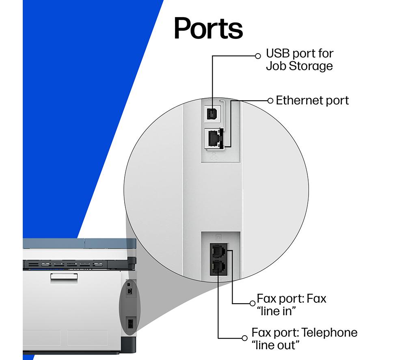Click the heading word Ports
click(208, 28)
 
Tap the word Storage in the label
click(311, 66)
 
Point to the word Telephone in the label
click(330, 332)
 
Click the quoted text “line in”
click(276, 311)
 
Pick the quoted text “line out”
click(275, 345)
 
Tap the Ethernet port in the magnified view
click(214, 138)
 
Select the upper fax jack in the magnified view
click(218, 250)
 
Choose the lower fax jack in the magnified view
click(218, 267)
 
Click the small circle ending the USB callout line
click(258, 56)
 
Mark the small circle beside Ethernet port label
click(270, 101)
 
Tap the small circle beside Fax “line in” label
click(253, 303)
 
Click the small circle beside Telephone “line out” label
click(244, 338)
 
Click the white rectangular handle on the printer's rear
click(64, 276)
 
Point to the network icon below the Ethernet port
click(214, 156)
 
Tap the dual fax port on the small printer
click(130, 323)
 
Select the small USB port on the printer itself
click(129, 284)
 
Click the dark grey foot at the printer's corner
click(128, 345)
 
